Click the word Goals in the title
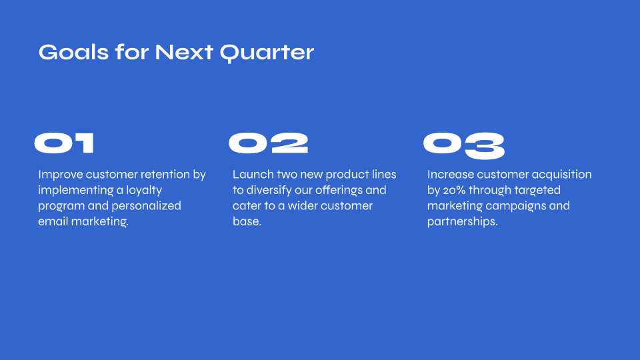(x=73, y=52)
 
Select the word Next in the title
(x=184, y=52)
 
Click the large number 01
(x=64, y=143)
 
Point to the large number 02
(x=268, y=143)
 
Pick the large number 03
(x=464, y=146)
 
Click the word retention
(x=165, y=174)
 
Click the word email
(x=53, y=221)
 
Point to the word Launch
(x=253, y=174)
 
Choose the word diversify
(x=269, y=191)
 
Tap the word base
(x=247, y=221)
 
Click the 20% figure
(x=454, y=190)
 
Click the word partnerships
(x=463, y=221)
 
